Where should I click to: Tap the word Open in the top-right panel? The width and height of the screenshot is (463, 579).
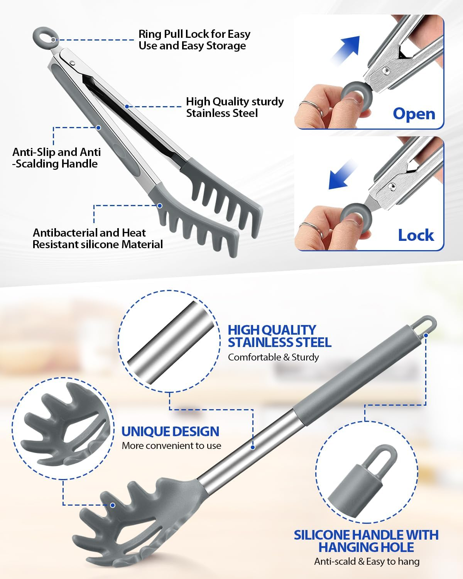(x=414, y=114)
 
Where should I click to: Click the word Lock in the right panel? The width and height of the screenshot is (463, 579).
(x=416, y=235)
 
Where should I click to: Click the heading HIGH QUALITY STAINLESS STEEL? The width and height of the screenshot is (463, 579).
(x=279, y=336)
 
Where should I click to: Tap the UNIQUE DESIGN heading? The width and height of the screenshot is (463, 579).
(x=170, y=431)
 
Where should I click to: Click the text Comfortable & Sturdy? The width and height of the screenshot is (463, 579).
(x=273, y=357)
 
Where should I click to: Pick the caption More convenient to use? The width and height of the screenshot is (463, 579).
(x=171, y=445)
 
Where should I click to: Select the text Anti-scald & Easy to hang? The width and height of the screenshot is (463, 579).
(x=367, y=561)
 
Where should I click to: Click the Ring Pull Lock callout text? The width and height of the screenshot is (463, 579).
(x=194, y=40)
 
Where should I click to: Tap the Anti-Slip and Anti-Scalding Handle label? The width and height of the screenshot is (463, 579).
(x=56, y=157)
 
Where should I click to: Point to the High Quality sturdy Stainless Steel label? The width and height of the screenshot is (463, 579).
(x=234, y=107)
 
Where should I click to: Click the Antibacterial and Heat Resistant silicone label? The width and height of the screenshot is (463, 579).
(x=97, y=239)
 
